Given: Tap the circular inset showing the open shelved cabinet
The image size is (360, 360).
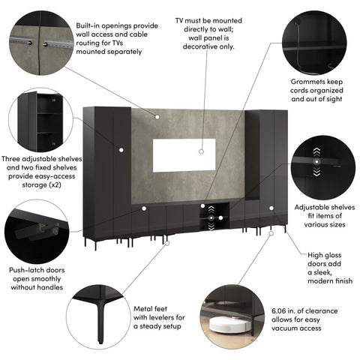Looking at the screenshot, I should coord(39,120).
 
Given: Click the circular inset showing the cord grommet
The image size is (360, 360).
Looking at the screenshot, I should coord(319,37).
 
